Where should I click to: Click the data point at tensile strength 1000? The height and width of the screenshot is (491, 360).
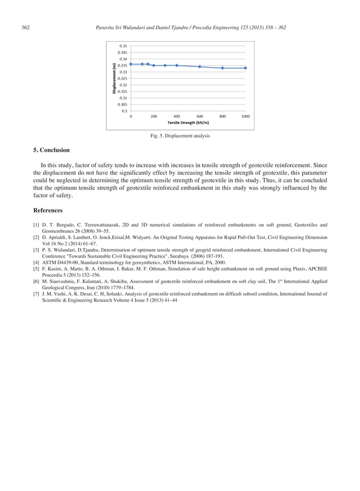245,68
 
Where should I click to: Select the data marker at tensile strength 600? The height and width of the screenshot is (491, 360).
200,67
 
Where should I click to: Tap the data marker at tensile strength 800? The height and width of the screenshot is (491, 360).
223,68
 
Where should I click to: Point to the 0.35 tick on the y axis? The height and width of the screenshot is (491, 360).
122,46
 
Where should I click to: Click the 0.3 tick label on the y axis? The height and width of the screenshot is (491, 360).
123,111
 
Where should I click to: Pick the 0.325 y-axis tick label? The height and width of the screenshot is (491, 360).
122,78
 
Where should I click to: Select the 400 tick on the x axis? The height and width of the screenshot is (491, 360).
177,116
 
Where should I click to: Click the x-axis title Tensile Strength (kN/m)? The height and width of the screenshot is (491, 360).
188,122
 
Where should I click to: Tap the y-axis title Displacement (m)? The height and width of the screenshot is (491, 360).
115,78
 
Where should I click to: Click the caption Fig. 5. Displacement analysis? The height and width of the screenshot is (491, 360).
179,136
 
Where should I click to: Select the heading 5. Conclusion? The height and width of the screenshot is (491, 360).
51,150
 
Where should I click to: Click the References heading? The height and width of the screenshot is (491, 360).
48,210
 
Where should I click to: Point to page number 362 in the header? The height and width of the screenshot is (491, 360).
25,27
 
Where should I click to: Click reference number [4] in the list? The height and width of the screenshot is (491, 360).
36,262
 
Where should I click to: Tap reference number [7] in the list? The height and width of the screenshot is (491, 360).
36,294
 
